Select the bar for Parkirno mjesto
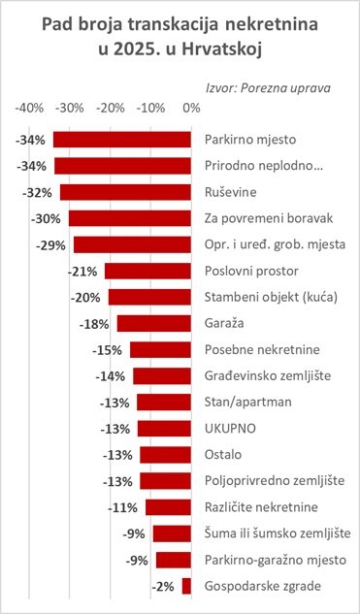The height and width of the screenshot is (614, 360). (122, 140)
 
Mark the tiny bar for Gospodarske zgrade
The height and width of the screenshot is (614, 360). (187, 585)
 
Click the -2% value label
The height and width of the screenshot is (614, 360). (165, 585)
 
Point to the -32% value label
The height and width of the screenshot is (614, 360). (45, 192)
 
